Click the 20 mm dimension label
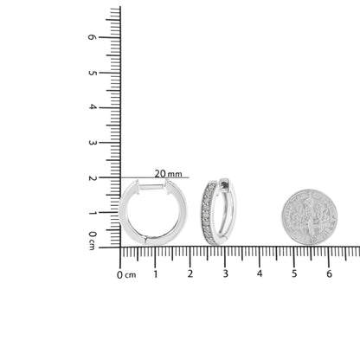[168, 173]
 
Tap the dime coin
[309, 217]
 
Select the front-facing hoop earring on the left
[152, 213]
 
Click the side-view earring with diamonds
[217, 211]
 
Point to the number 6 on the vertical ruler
[91, 37]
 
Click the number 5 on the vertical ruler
[91, 73]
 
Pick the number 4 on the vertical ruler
[91, 107]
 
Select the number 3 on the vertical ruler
[91, 143]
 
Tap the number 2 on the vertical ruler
[91, 177]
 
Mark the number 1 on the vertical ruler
[91, 213]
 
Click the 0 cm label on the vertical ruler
[91, 240]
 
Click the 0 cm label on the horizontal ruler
[126, 274]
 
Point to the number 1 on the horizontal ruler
[156, 273]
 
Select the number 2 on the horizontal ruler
[190, 273]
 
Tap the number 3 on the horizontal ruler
[225, 273]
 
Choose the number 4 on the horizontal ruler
[260, 273]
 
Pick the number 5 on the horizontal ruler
[294, 273]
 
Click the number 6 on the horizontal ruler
[329, 273]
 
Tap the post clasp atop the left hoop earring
[152, 187]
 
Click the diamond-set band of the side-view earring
[209, 213]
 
